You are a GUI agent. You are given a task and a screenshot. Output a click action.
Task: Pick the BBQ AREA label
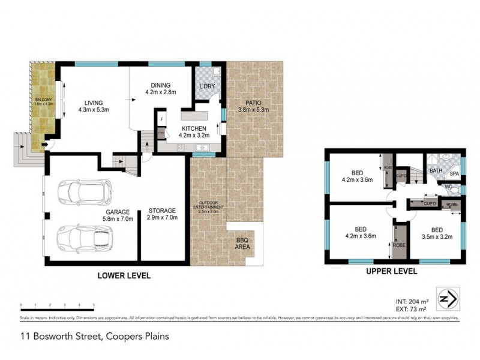coord(244,243)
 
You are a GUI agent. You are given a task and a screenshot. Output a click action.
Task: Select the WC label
coord(448,187)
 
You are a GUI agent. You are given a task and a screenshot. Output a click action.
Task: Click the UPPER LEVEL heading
coord(392,272)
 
